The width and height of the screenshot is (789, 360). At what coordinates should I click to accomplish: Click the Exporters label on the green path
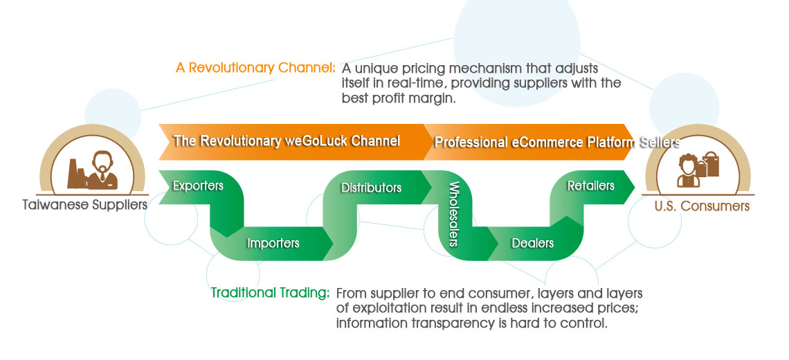198,186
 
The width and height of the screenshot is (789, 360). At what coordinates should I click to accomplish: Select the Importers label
273,243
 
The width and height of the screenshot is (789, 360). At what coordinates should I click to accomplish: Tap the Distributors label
371,188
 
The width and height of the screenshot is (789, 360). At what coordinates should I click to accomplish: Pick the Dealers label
532,243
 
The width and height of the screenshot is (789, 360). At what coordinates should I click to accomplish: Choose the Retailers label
590,186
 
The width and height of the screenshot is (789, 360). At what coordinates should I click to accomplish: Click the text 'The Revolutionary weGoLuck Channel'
287,141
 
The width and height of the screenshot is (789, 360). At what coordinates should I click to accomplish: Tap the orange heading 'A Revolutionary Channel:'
255,69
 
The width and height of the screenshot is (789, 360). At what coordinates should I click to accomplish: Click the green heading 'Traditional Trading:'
270,293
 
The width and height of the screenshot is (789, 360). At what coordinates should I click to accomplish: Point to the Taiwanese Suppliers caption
84,205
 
